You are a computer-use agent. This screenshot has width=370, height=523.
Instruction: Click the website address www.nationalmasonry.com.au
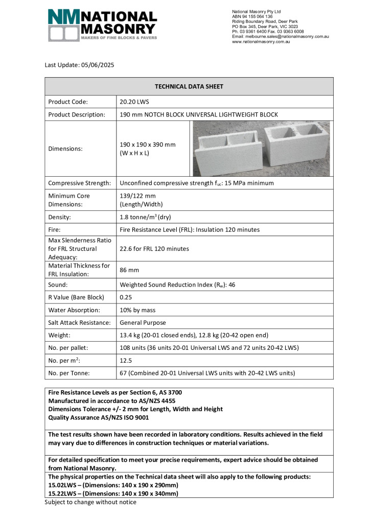point(261,42)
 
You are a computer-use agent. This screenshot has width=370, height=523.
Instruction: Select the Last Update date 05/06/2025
point(96,65)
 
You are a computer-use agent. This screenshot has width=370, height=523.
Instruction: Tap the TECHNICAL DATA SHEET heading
point(189,87)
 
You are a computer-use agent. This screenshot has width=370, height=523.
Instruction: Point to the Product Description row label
point(76,114)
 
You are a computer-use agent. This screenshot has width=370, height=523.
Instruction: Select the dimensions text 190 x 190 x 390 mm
point(147,145)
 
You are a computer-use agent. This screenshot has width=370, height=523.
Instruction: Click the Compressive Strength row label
point(79,183)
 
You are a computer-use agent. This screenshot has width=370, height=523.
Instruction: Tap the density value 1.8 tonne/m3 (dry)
point(146,217)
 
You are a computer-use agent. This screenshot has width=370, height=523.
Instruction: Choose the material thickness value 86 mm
point(129,269)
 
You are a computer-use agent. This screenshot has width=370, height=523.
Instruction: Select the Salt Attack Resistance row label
point(79,323)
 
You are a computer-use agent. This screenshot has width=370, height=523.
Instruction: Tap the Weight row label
point(60,336)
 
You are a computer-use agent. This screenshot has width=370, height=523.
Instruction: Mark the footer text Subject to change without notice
point(90,502)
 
